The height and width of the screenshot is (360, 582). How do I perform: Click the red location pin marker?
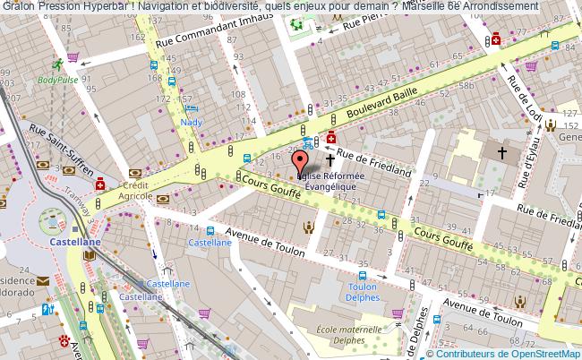[301, 161]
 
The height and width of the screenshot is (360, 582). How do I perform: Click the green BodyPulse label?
[58, 79]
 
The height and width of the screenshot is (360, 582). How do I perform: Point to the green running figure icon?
[57, 64]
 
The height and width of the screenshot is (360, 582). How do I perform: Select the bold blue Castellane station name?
[75, 242]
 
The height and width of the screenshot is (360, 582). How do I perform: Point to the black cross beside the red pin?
[330, 160]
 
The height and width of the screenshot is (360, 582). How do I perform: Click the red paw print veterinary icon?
[64, 341]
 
